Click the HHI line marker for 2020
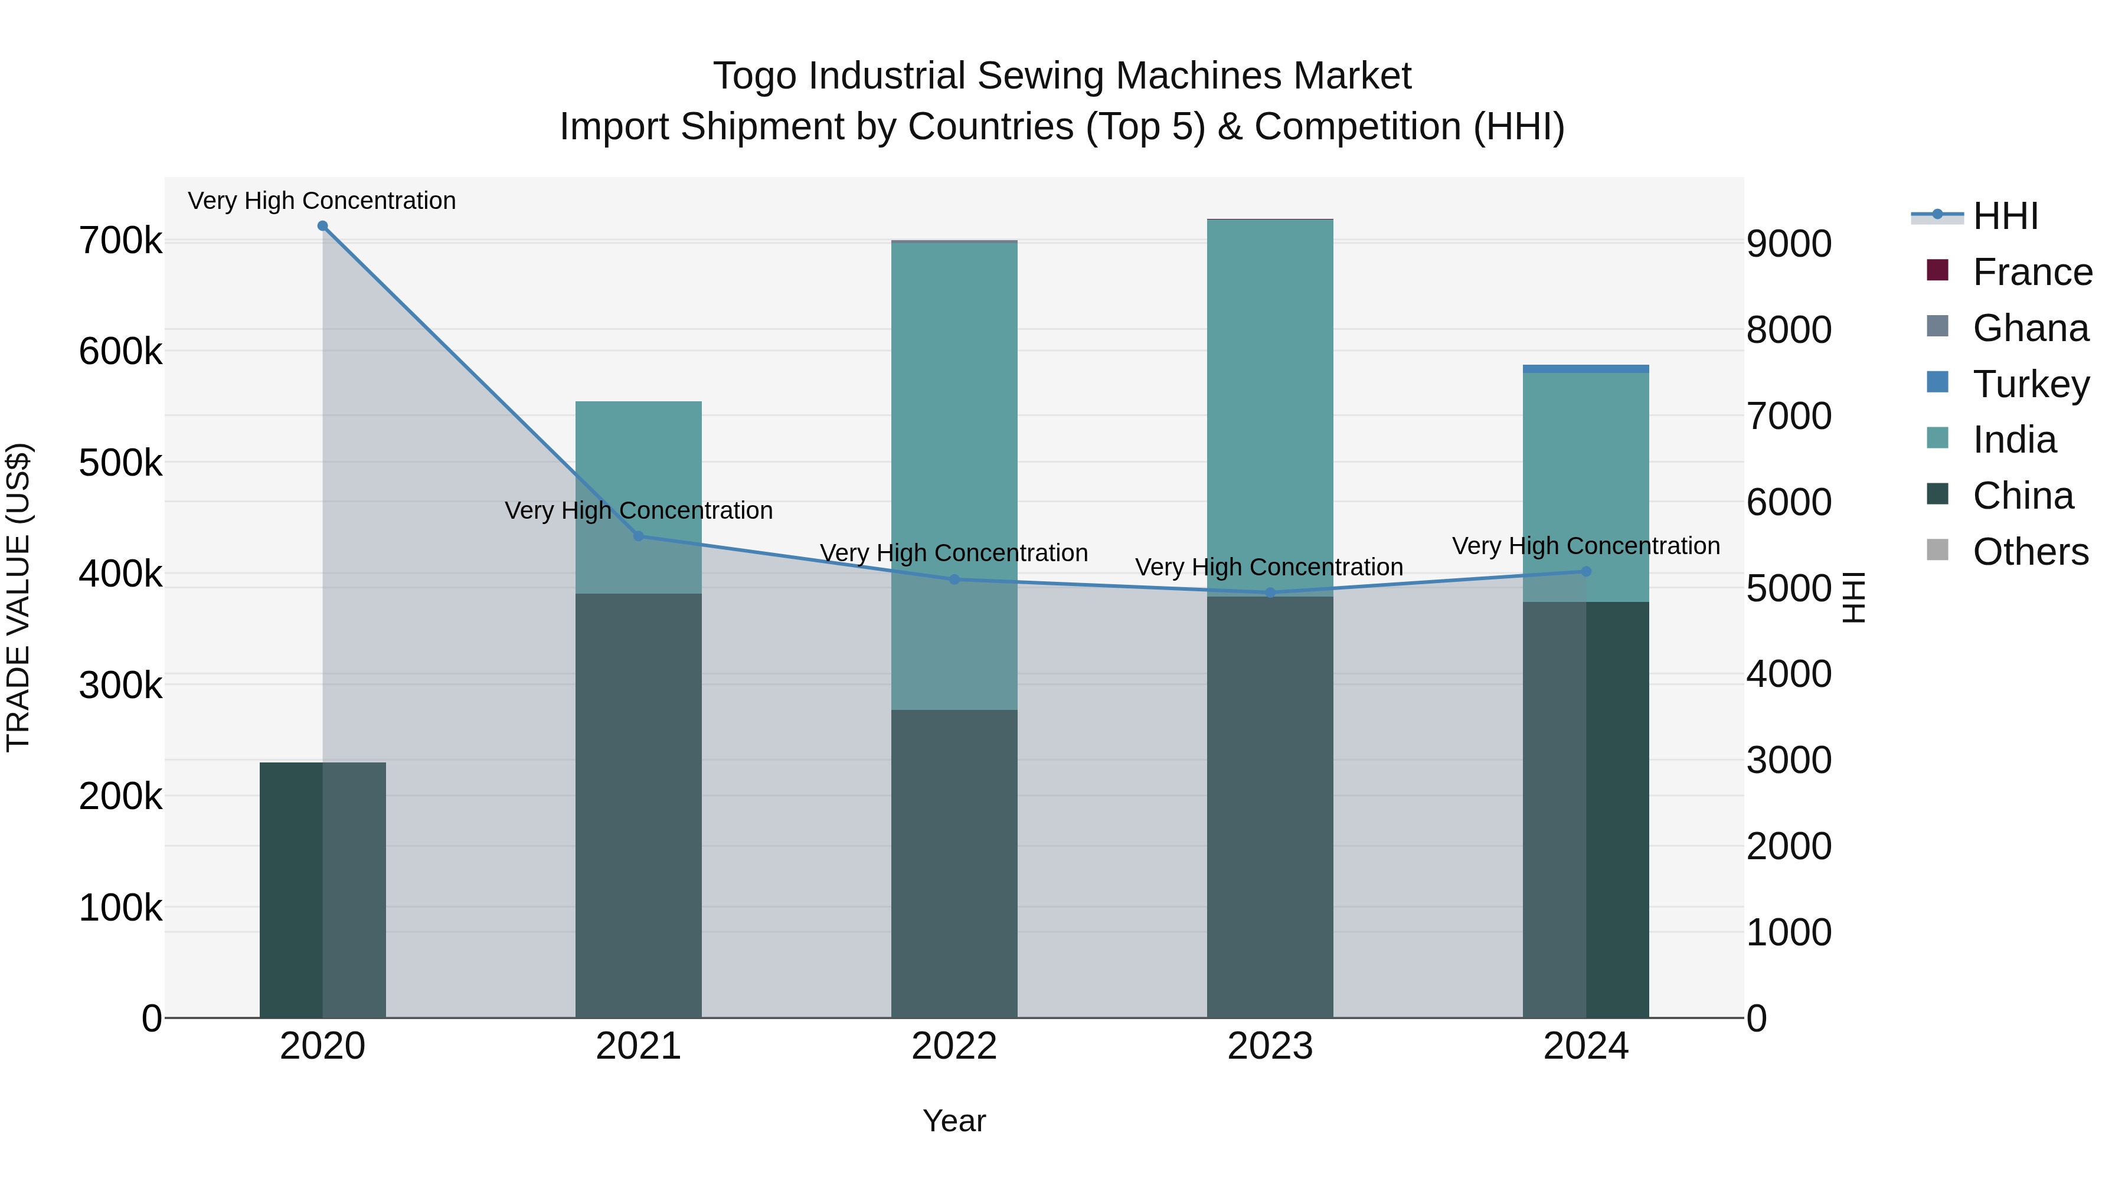tap(322, 226)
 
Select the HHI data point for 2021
tap(639, 536)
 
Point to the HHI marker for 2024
tap(1585, 571)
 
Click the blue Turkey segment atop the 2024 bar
tap(1585, 369)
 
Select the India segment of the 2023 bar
tap(1270, 396)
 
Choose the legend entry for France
tap(2032, 272)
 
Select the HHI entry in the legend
tap(2005, 216)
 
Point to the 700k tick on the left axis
tap(120, 241)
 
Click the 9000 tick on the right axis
tap(1789, 244)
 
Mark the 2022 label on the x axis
tap(954, 1046)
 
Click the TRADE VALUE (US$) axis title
tap(18, 597)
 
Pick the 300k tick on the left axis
tap(120, 685)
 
